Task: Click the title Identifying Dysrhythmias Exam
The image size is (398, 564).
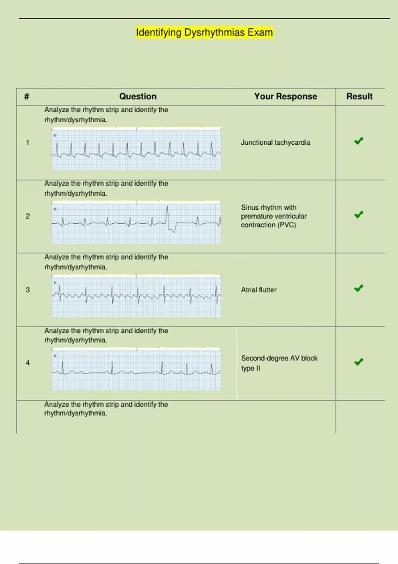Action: coord(204,33)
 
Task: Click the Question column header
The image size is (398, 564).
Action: coord(138,97)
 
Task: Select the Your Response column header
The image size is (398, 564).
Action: coord(286,97)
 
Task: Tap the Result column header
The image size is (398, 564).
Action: coord(359,97)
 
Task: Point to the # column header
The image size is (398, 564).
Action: coord(27,97)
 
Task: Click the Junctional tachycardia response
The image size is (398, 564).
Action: coord(275,143)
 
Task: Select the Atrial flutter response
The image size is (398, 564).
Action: coord(258,290)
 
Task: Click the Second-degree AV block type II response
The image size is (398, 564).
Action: coord(279,363)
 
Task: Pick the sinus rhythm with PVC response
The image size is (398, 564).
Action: coord(274,216)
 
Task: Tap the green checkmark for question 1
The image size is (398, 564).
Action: coord(359,141)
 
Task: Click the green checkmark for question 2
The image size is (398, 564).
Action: coord(359,215)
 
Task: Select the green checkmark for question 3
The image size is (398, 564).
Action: coord(359,288)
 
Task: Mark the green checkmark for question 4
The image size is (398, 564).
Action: coord(359,362)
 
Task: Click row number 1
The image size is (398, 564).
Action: coord(28,143)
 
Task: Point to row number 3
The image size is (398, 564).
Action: coord(28,290)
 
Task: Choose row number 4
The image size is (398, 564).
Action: coord(28,363)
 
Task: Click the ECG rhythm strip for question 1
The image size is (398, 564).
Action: coord(136,149)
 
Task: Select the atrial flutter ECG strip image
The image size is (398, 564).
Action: coord(136,296)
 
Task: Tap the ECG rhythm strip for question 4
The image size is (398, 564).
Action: coord(136,369)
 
